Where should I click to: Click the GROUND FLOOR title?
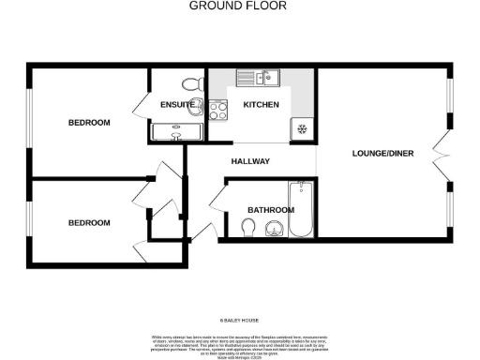[x=238, y=6]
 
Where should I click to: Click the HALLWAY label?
[x=250, y=162]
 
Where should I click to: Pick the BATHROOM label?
[x=271, y=210]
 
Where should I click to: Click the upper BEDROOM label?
[x=89, y=123]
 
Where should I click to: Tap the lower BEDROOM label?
[x=89, y=223]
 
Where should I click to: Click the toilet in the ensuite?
[x=194, y=84]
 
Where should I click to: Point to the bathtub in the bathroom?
[x=303, y=208]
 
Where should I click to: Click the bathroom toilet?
[x=248, y=228]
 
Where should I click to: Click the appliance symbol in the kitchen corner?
[x=302, y=128]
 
